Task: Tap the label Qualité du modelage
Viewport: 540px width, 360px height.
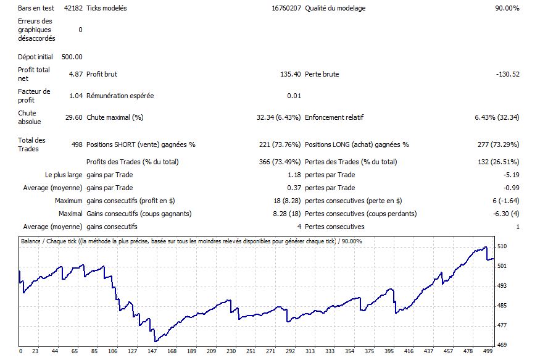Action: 335,9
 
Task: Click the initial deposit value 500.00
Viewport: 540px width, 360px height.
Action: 72,57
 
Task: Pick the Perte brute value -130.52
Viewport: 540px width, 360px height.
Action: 507,74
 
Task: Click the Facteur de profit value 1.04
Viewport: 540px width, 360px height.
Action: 75,96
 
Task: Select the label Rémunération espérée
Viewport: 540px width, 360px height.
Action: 120,96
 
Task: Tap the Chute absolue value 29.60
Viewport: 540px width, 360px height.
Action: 73,117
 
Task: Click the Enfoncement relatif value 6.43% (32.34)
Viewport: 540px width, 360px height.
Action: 497,117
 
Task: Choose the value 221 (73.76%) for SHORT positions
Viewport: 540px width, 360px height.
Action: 280,144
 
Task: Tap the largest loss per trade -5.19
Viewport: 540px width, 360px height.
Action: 511,175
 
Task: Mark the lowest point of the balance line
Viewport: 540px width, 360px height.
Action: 155,341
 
